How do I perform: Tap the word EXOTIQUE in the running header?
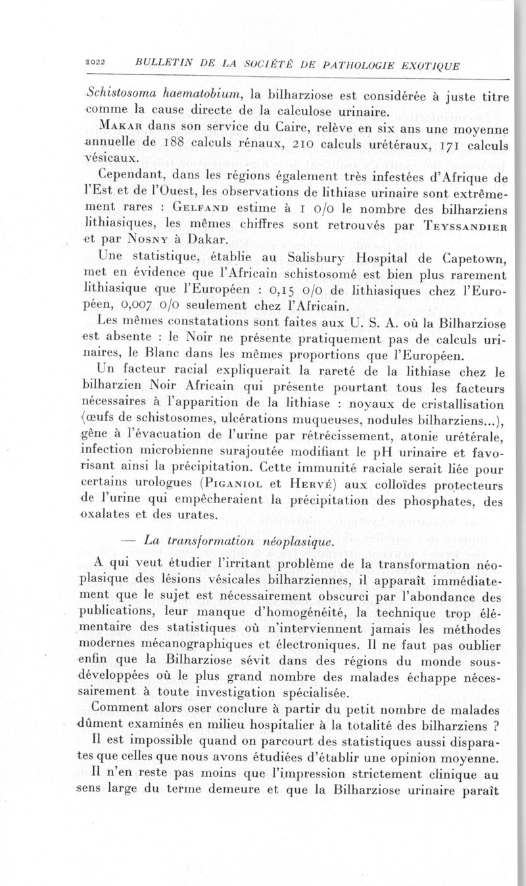(421, 65)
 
